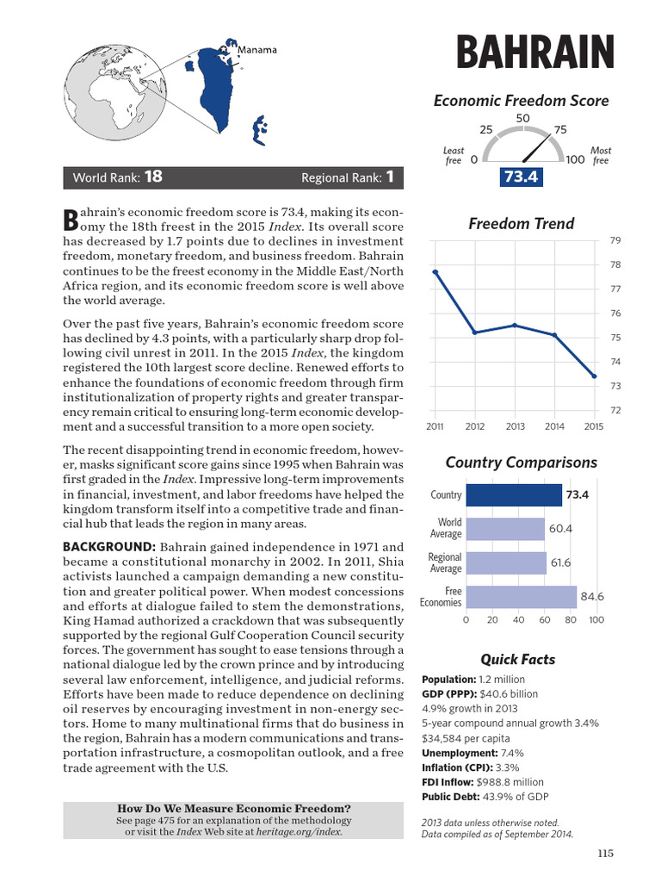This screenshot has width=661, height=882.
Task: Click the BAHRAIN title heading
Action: [x=534, y=53]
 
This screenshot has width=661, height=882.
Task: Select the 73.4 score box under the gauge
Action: [x=521, y=177]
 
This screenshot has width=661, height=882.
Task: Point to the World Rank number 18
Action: [x=153, y=177]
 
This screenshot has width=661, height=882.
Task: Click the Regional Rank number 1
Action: [x=390, y=177]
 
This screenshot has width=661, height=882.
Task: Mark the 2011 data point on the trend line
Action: [x=436, y=271]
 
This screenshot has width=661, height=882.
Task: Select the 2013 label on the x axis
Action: [x=515, y=425]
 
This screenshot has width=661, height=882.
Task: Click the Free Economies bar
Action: [x=521, y=597]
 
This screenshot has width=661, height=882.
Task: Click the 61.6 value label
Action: [x=560, y=562]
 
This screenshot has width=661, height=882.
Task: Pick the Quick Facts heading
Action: [x=517, y=659]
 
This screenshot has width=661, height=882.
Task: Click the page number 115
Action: [x=605, y=854]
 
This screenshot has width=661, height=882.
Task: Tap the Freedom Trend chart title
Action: [x=509, y=224]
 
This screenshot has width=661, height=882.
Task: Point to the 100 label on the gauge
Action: [x=576, y=159]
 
